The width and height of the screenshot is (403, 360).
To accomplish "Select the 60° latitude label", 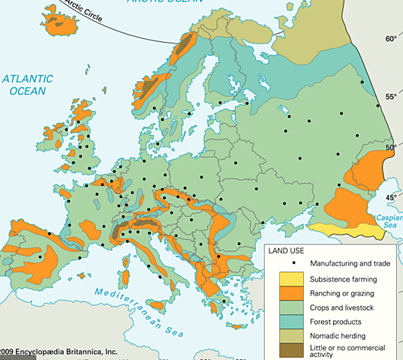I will click(390, 38).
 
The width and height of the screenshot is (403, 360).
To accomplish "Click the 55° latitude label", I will click(390, 97).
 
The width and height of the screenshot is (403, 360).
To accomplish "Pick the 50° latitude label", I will click(390, 148).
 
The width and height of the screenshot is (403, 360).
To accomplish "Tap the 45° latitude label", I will click(390, 197).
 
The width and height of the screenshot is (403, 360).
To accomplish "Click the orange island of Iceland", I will click(60, 23).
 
